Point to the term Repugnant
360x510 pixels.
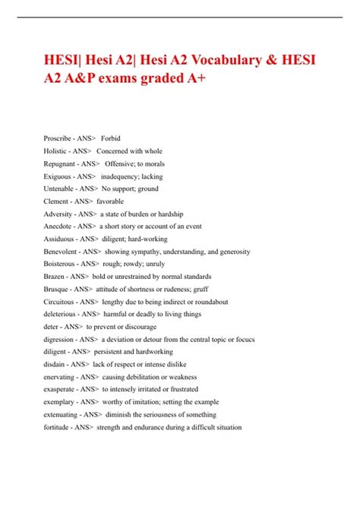tap(60, 163)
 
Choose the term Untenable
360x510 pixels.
tap(59, 188)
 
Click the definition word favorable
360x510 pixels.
tap(110, 201)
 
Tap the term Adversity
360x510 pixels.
tap(58, 214)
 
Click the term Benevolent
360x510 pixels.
tap(62, 252)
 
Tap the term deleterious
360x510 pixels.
tap(60, 314)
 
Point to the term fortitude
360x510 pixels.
tap(57, 426)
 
